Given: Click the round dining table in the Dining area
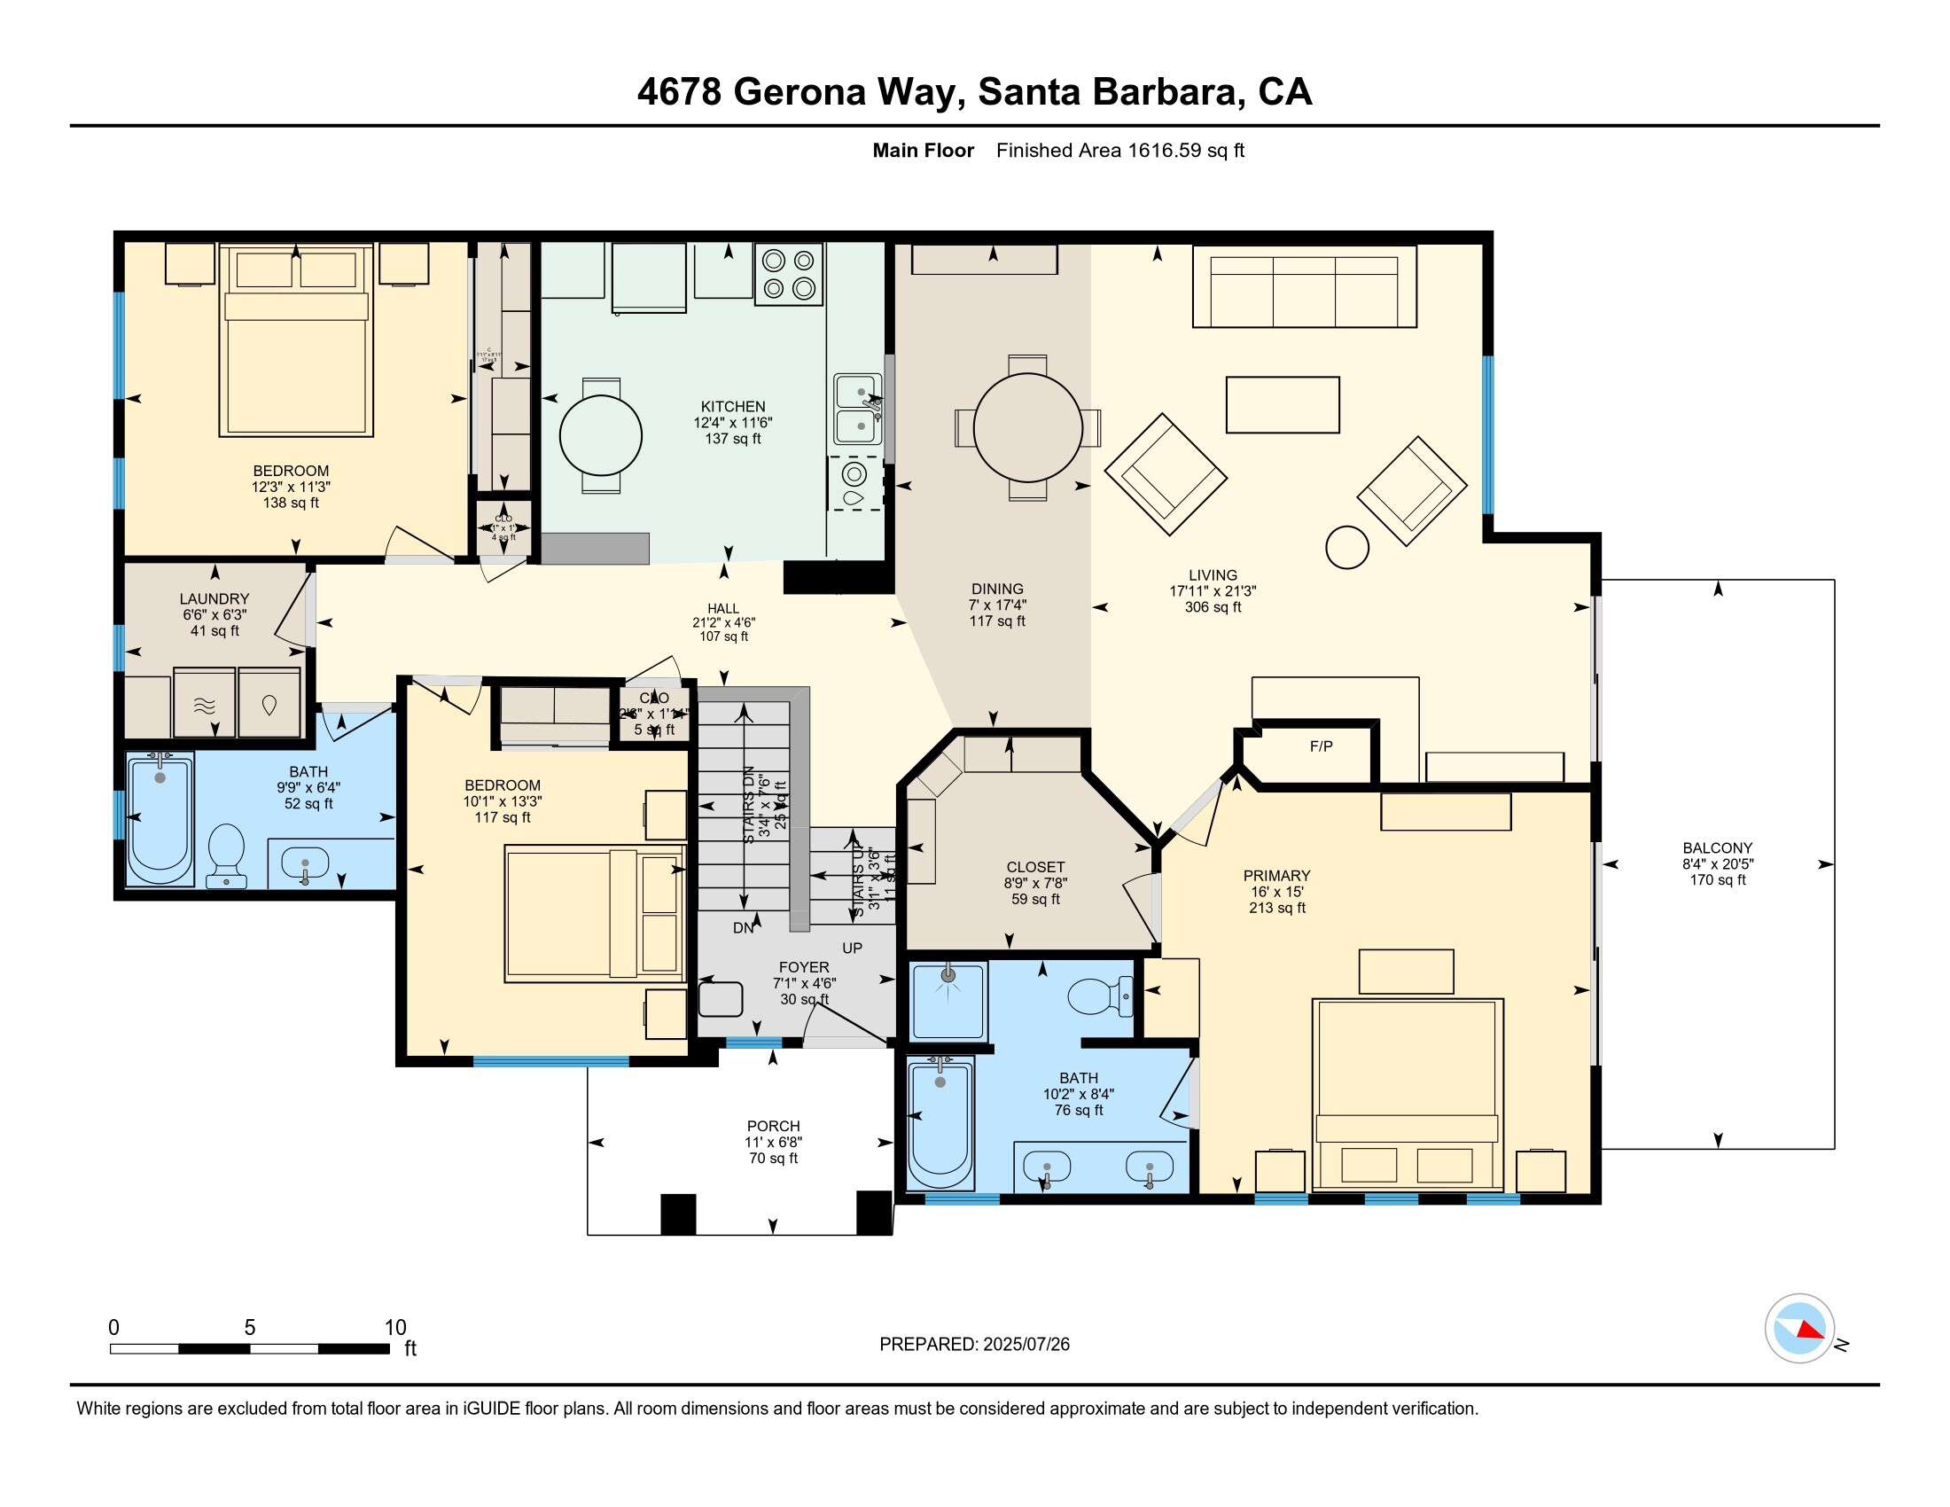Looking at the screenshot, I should [x=1026, y=427].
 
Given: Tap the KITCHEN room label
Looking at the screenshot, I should [x=732, y=406].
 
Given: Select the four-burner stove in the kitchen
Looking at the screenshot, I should [x=788, y=274].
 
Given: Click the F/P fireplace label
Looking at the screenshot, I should [x=1321, y=746].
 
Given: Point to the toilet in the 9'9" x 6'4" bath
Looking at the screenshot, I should [x=226, y=853].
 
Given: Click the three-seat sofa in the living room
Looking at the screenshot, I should [x=1304, y=287].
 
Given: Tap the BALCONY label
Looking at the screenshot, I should [x=1717, y=847].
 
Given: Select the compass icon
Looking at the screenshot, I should [x=1799, y=1329].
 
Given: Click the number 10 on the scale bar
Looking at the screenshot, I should [x=394, y=1328].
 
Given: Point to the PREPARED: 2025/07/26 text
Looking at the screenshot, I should [x=974, y=1345].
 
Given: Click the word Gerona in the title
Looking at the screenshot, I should [x=799, y=92].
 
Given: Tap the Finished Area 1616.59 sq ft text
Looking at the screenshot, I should [x=1119, y=151].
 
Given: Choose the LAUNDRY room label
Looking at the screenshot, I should [x=214, y=599].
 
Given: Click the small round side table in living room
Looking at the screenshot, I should [x=1346, y=547].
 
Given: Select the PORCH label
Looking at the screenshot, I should [x=773, y=1127].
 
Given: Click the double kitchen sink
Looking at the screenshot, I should [x=857, y=409].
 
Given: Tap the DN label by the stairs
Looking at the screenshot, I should [x=743, y=927].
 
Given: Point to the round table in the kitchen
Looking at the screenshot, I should [x=600, y=435].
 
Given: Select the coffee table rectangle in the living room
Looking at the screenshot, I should [x=1283, y=404].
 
